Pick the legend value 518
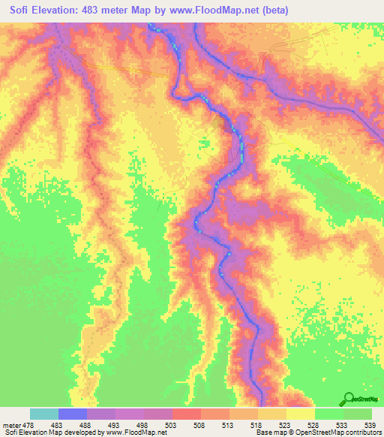coord(243,424)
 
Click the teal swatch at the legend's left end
coord(44,414)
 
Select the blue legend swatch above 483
coord(73,414)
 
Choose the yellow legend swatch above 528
coord(300,414)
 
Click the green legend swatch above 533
coord(328,414)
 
